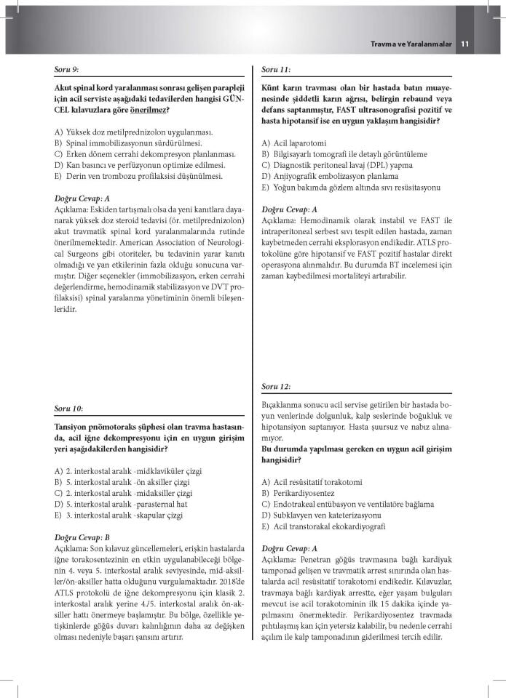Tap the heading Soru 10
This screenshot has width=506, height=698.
point(68,408)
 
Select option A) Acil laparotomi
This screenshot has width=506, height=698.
point(295,143)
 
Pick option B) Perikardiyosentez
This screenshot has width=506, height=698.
point(304,492)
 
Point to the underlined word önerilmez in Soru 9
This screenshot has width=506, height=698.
point(148,109)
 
